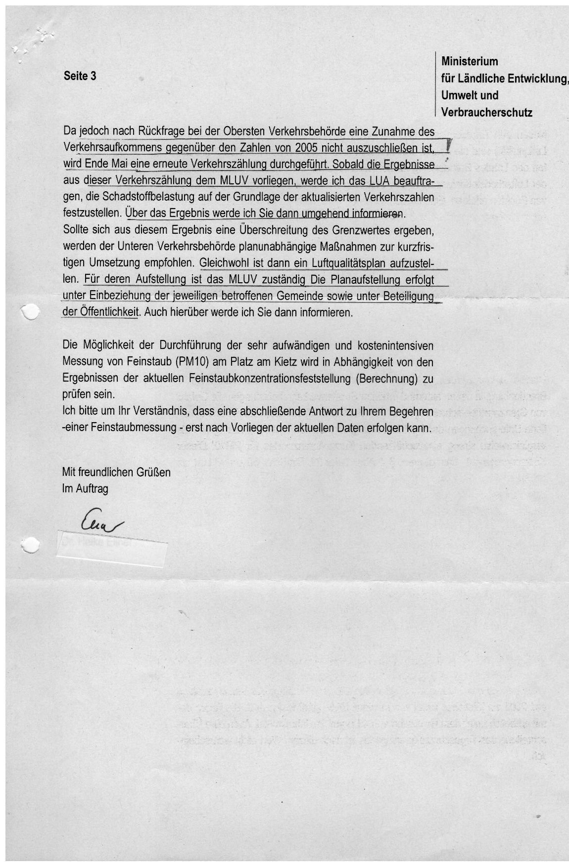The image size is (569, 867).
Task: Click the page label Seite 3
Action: (80, 76)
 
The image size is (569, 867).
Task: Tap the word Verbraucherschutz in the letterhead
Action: (487, 112)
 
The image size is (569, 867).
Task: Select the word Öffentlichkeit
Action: (108, 313)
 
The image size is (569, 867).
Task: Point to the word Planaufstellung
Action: (355, 280)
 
